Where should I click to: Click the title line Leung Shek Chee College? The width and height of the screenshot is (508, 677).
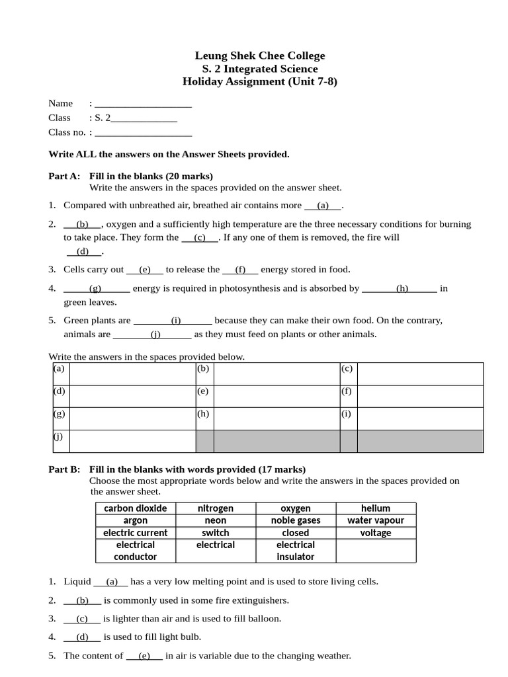coord(260,56)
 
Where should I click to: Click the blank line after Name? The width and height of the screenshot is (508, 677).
coord(144,104)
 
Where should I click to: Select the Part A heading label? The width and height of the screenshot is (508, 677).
coord(64,176)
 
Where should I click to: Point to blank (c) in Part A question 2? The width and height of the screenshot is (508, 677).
coord(200,237)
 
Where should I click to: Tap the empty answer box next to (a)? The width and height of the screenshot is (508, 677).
coord(132,374)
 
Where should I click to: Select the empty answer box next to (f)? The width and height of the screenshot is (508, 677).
coord(420,396)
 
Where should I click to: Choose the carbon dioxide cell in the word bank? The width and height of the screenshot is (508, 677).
coord(136,508)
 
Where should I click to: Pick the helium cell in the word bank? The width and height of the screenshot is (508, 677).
coord(376,508)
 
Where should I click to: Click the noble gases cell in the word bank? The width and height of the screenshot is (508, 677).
coord(296,520)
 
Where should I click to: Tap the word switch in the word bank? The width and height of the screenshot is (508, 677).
coord(216,533)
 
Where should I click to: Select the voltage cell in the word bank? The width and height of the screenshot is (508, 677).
coord(376,533)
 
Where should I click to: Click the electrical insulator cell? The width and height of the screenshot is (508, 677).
coord(296,551)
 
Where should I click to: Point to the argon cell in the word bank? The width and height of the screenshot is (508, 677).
coord(136,520)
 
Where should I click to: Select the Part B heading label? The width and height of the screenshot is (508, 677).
coord(64,469)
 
